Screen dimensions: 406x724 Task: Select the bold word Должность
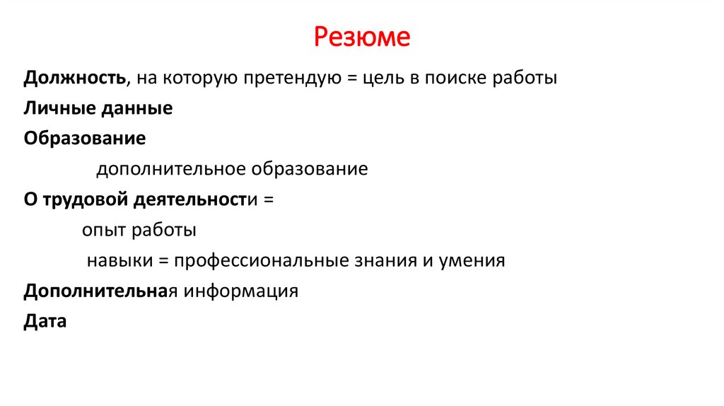pos(75,78)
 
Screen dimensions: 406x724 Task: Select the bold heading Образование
pos(85,139)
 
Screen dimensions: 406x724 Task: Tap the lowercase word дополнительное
pos(169,170)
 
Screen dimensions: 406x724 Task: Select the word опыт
pos(102,231)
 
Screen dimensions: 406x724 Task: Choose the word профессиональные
pos(259,261)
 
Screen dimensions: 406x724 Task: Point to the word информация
pos(242,291)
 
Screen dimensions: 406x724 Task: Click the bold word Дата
pos(45,322)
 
